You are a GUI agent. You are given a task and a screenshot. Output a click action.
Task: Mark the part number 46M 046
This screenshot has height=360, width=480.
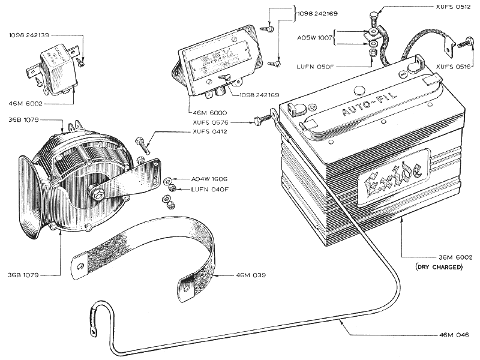pyautogui.click(x=454, y=334)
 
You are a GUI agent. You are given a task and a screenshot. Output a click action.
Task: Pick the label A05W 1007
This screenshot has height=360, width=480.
pyautogui.click(x=315, y=37)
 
